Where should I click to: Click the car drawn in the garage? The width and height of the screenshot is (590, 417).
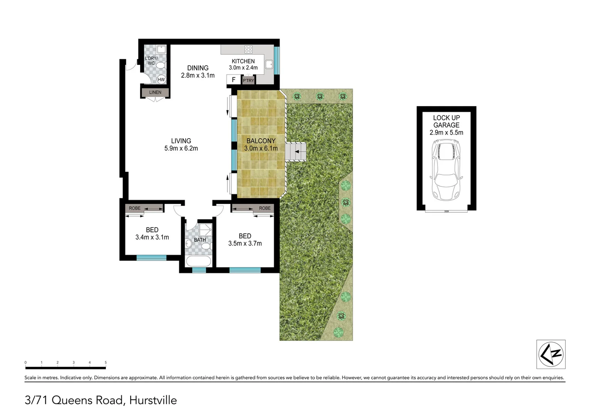[x=446, y=170]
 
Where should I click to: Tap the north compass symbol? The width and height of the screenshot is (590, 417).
[x=551, y=354]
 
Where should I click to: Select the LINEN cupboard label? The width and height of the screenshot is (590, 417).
[x=155, y=92]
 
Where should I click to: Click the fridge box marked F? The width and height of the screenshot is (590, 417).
[x=234, y=80]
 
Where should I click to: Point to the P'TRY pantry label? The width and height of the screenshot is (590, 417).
[x=248, y=80]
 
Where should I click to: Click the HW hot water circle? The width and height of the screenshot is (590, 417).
[x=161, y=80]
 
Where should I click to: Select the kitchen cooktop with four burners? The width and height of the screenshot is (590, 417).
[x=248, y=49]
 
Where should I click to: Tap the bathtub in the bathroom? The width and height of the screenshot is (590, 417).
[x=198, y=261]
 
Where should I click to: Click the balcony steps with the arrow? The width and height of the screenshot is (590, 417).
[x=296, y=152]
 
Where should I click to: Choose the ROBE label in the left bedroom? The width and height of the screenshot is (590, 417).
[x=135, y=208]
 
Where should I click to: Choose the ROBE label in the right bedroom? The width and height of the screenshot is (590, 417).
[x=264, y=208]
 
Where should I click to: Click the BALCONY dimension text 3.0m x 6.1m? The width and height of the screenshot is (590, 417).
[x=261, y=148]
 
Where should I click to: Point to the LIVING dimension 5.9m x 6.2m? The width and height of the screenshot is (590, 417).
[x=181, y=148]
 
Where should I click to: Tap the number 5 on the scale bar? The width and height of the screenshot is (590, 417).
[x=105, y=363]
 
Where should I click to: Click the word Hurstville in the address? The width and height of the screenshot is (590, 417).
[x=153, y=400]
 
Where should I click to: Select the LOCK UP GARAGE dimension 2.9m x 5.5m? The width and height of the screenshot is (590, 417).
[x=446, y=132]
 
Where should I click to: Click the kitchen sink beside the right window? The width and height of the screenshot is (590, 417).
[x=269, y=64]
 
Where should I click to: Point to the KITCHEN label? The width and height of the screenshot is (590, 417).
[x=243, y=61]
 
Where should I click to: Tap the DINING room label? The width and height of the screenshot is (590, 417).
[x=198, y=68]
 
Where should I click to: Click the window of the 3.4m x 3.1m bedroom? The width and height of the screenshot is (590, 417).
[x=151, y=258]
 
